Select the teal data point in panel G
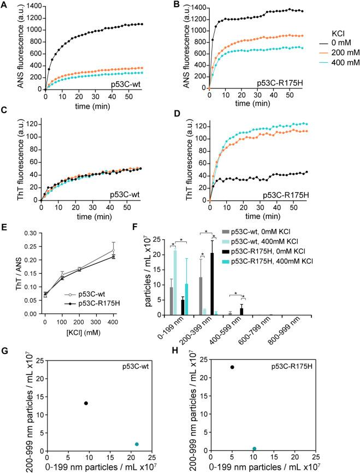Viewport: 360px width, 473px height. click(x=137, y=444)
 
